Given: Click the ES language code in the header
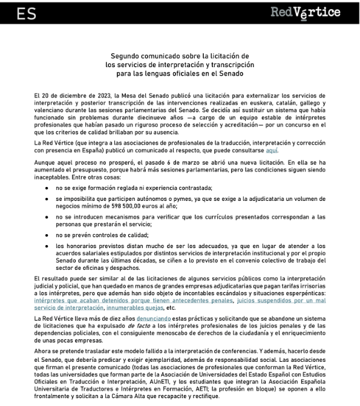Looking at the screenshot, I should pos(26,13).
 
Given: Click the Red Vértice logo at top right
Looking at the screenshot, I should pos(305,13).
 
